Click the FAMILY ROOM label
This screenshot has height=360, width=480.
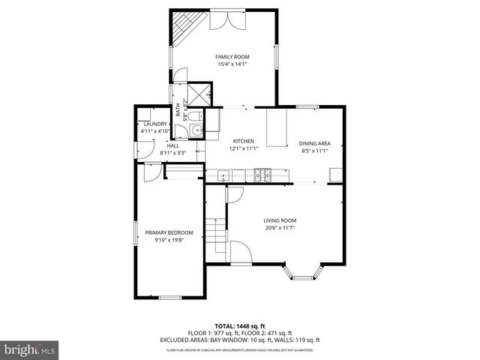point(232,57)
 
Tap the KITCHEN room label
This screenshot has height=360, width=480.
point(243,141)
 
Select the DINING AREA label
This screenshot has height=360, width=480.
point(314,143)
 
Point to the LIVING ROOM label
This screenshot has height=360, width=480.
point(280,220)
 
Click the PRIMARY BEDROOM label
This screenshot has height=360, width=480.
point(169,232)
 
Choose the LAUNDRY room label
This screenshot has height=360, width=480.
point(154,124)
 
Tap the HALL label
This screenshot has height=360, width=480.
point(172,145)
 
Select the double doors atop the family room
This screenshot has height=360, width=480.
point(235,19)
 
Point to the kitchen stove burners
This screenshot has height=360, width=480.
point(263,175)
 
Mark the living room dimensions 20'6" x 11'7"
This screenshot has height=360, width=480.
point(280,228)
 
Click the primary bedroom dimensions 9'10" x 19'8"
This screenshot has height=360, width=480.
point(169,240)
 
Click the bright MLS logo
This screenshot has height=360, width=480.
point(30,349)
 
